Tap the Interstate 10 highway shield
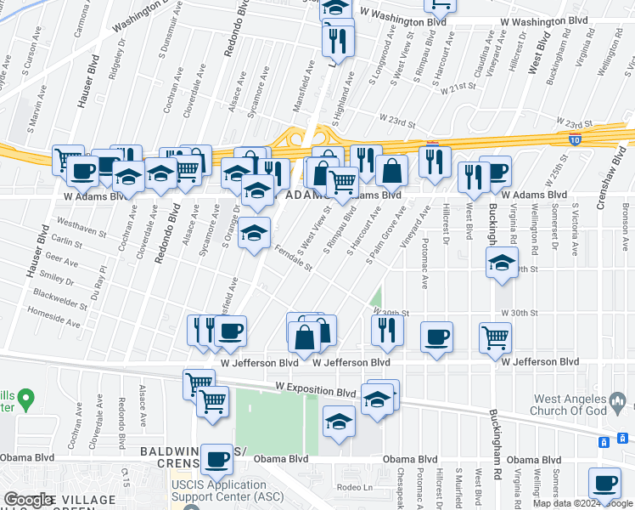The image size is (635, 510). coord(575,138)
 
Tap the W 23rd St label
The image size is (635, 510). coord(396,122)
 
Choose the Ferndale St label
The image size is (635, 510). coord(295,258)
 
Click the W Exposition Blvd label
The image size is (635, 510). coord(315,392)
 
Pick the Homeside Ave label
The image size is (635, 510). coord(53,316)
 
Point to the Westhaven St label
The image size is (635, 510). coord(77,227)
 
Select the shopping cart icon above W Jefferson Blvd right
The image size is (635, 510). coord(495,337)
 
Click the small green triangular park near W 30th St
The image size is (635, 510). coord(375,299)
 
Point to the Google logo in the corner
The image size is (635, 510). coord(29,500)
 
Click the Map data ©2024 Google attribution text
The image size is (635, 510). coord(582,503)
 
